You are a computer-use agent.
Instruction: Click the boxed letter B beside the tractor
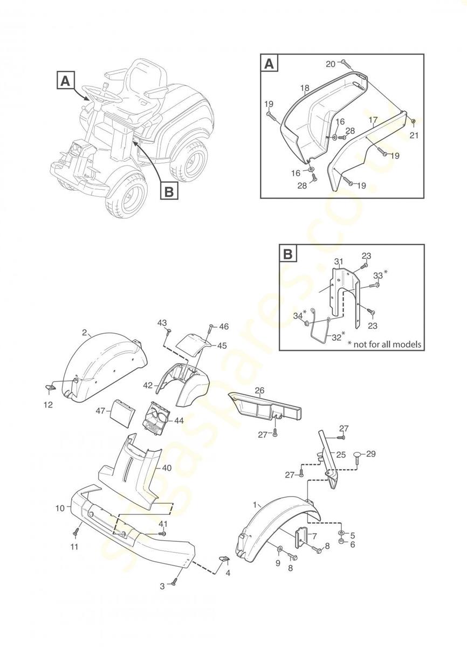click(169, 191)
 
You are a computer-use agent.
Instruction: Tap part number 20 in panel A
click(330, 64)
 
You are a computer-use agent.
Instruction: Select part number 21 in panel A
click(414, 135)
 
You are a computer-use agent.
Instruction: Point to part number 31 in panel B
click(338, 261)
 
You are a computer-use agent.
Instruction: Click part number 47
click(100, 411)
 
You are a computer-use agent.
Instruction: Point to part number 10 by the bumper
click(59, 508)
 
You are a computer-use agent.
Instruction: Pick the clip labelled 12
click(50, 387)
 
